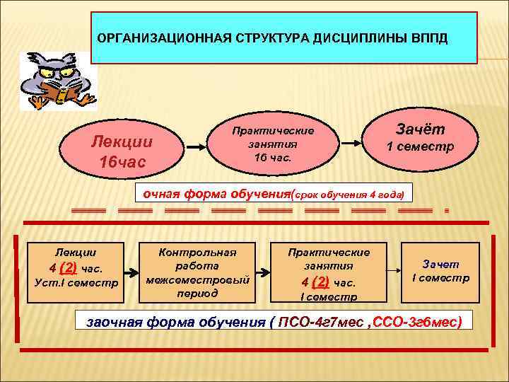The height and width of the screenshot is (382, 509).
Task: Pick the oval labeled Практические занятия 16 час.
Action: click(273, 146)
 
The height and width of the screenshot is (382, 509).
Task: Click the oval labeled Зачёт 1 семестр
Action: click(419, 139)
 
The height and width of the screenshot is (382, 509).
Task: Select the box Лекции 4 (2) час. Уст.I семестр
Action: click(76, 268)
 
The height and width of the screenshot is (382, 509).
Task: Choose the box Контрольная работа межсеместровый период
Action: click(197, 272)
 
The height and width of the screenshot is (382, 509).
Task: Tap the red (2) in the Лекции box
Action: click(69, 267)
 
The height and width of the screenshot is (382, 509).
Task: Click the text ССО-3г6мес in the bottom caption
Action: click(421, 322)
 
